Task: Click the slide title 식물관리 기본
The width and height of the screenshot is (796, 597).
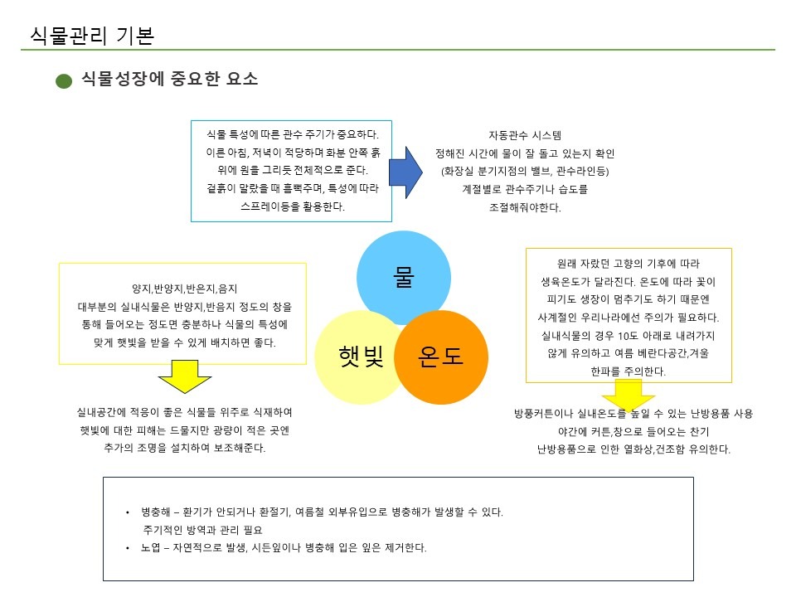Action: click(91, 35)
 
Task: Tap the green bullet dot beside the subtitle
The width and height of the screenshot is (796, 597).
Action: click(64, 81)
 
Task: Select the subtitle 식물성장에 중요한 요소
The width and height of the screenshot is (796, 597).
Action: click(170, 80)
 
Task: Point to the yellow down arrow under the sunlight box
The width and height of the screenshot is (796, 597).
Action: click(184, 378)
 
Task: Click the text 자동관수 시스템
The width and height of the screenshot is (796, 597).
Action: click(525, 135)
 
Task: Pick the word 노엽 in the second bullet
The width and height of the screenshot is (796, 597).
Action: click(150, 549)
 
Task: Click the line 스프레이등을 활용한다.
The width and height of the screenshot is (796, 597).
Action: click(292, 206)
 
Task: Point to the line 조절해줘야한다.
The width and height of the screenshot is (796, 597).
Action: click(525, 208)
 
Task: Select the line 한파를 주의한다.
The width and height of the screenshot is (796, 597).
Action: click(629, 372)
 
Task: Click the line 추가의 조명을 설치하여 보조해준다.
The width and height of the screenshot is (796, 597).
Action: click(183, 449)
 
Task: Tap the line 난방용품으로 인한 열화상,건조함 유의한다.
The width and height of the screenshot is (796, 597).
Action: click(633, 450)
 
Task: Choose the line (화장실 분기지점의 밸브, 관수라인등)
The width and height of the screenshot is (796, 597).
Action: click(525, 172)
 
